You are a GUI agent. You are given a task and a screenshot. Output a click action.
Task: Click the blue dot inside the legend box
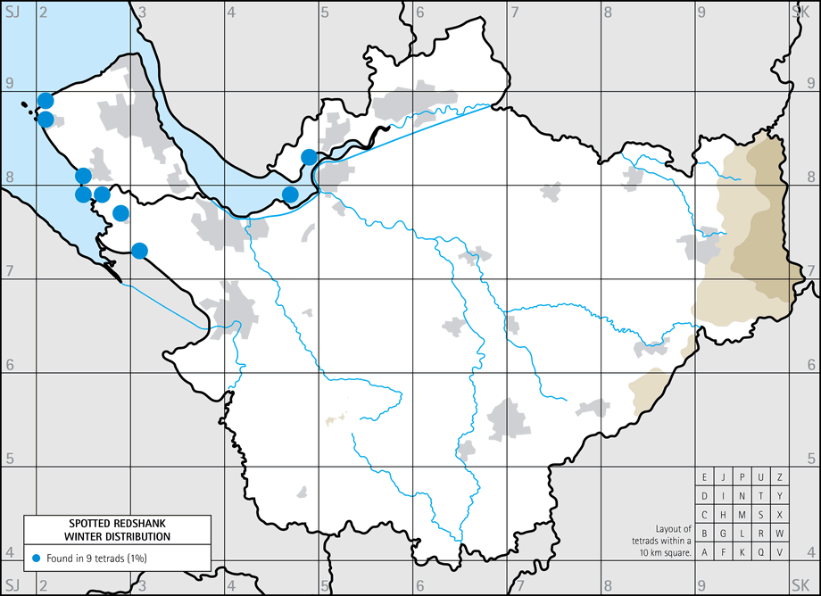pyautogui.click(x=36, y=558)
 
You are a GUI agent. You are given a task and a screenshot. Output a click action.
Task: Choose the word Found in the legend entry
pyautogui.click(x=61, y=558)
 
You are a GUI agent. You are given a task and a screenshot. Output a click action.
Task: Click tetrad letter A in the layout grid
pyautogui.click(x=705, y=551)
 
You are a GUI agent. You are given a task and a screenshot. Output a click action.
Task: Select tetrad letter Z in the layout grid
pyautogui.click(x=780, y=476)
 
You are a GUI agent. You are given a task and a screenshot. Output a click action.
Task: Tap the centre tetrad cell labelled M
pyautogui.click(x=742, y=514)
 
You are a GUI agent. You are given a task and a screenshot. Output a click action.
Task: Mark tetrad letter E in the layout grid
pyautogui.click(x=705, y=476)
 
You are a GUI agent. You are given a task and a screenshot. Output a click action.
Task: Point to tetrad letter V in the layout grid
pyautogui.click(x=780, y=551)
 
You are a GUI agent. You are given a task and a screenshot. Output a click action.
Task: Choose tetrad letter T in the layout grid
pyautogui.click(x=761, y=495)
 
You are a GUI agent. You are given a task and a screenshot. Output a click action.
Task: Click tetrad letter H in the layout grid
pyautogui.click(x=724, y=514)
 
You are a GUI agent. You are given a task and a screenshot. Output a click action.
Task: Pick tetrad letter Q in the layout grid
pyautogui.click(x=761, y=551)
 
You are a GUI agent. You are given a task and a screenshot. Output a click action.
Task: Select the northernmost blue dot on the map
pyautogui.click(x=46, y=100)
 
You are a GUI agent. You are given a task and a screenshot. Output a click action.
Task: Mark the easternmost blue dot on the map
pyautogui.click(x=309, y=157)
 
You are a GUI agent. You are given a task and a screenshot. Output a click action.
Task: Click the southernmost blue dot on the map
pyautogui.click(x=139, y=251)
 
